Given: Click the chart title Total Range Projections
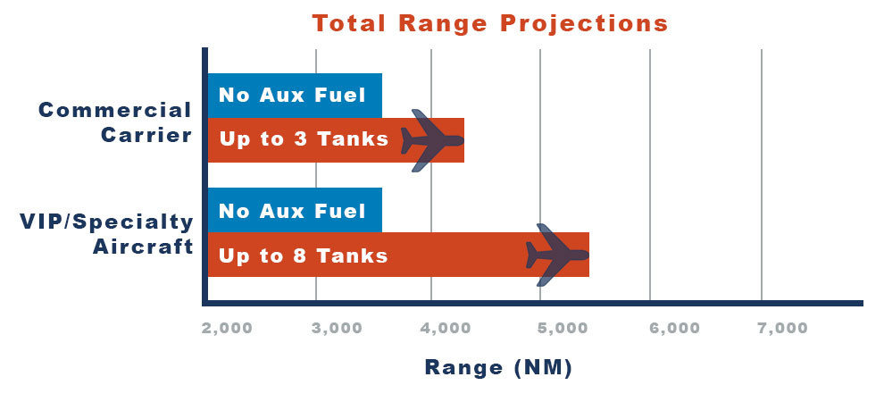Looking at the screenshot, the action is [x=490, y=23].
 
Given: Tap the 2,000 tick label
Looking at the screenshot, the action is [x=227, y=328].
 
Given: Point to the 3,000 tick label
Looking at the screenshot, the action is [x=338, y=328].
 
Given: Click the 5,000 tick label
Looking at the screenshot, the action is [x=563, y=328].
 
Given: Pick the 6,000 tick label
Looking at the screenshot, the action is [x=674, y=328].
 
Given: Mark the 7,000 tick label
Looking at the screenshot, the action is [x=782, y=328].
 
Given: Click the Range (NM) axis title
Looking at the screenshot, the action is [x=498, y=367].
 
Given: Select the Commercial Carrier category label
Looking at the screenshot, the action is [x=115, y=122].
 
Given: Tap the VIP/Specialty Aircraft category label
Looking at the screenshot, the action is [x=106, y=234].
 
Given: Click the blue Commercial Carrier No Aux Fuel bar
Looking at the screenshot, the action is [x=295, y=96].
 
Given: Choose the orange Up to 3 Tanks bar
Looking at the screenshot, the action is [x=336, y=140].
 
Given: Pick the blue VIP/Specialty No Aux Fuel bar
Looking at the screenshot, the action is [x=295, y=210].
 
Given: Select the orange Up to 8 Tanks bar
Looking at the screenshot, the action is [x=398, y=255].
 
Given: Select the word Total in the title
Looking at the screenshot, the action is [x=349, y=23].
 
